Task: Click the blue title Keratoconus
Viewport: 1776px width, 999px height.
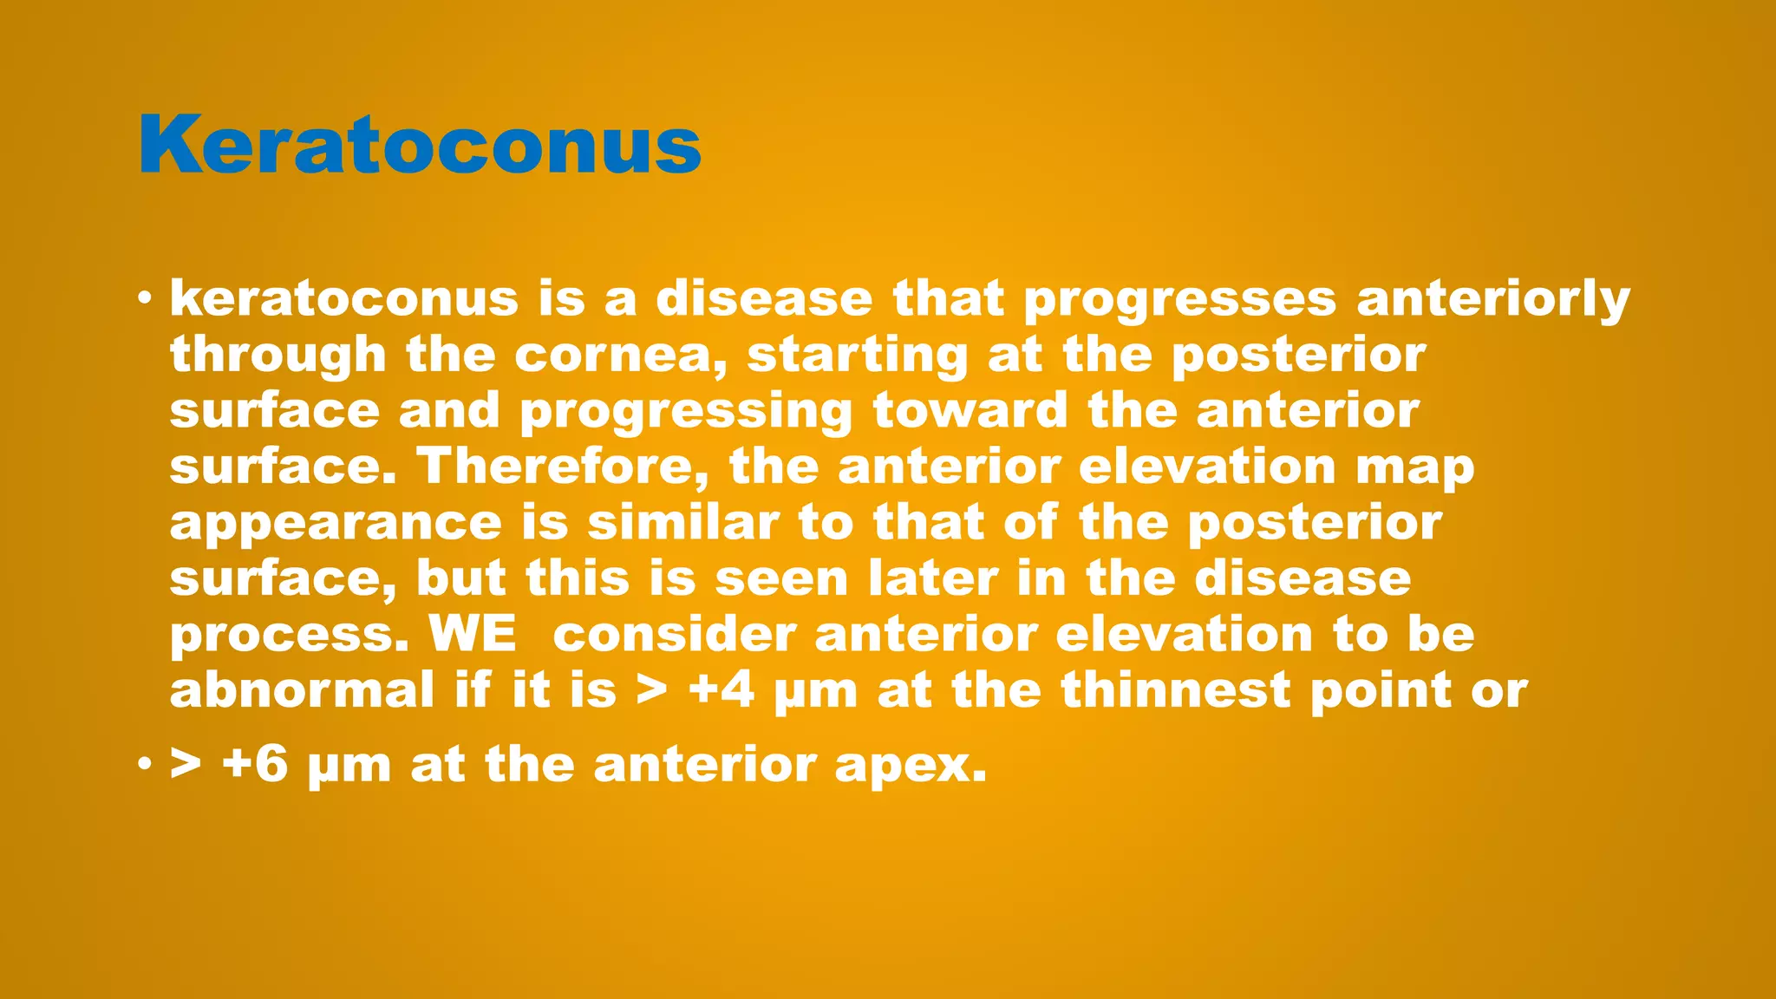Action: point(420,146)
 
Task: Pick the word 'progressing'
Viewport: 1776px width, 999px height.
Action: point(686,413)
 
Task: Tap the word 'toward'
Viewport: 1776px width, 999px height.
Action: point(970,411)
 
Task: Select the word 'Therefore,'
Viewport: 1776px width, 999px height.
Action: point(564,467)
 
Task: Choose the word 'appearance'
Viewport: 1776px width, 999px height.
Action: point(336,525)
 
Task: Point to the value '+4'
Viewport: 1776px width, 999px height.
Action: point(721,691)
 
